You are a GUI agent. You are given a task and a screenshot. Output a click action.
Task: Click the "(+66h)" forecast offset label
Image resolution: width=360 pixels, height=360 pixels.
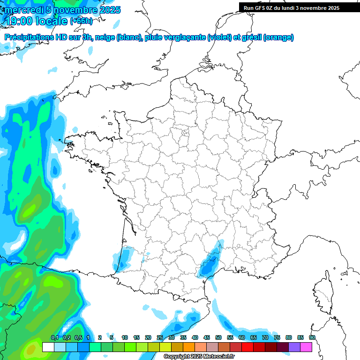tap(81, 21)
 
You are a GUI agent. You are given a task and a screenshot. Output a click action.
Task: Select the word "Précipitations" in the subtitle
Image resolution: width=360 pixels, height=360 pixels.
tap(31, 37)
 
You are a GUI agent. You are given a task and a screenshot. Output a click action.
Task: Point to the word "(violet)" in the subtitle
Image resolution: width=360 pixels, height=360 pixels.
tap(219, 37)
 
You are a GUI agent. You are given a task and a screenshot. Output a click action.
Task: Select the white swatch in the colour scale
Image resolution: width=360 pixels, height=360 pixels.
tap(48, 347)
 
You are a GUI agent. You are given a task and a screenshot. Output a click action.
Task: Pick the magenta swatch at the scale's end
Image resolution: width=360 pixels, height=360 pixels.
tap(306, 347)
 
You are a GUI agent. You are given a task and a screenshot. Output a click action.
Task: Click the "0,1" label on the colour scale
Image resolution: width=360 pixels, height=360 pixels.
tap(54, 338)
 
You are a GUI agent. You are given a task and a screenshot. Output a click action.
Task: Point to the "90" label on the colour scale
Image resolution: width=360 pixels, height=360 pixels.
tap(312, 338)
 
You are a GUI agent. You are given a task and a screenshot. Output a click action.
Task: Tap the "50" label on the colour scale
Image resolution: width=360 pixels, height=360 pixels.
tap(218, 338)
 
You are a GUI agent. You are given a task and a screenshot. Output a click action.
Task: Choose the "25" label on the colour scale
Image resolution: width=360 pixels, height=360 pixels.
tap(160, 338)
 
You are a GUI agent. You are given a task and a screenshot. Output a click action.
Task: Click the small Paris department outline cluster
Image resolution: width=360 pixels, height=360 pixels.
tap(185, 134)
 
